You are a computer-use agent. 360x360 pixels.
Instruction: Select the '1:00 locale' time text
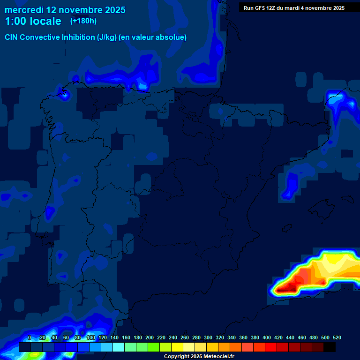[33, 21]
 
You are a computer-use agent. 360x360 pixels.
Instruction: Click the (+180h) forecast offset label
[83, 21]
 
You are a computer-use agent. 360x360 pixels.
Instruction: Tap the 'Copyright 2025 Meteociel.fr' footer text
[199, 356]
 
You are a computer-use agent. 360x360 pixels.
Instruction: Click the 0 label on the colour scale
[30, 337]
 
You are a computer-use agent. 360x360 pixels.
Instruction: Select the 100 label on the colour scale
[90, 337]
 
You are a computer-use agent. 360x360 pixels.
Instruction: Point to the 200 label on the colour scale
[150, 337]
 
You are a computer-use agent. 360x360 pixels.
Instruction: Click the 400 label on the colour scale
[267, 337]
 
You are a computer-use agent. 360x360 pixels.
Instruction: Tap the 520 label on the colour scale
[337, 337]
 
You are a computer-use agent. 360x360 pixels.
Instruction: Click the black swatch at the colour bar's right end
[330, 347]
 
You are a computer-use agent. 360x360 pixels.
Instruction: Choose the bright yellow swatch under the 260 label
[177, 347]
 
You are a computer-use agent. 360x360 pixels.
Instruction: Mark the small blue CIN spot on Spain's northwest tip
[64, 95]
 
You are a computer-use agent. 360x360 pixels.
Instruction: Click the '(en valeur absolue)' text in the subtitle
[153, 37]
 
